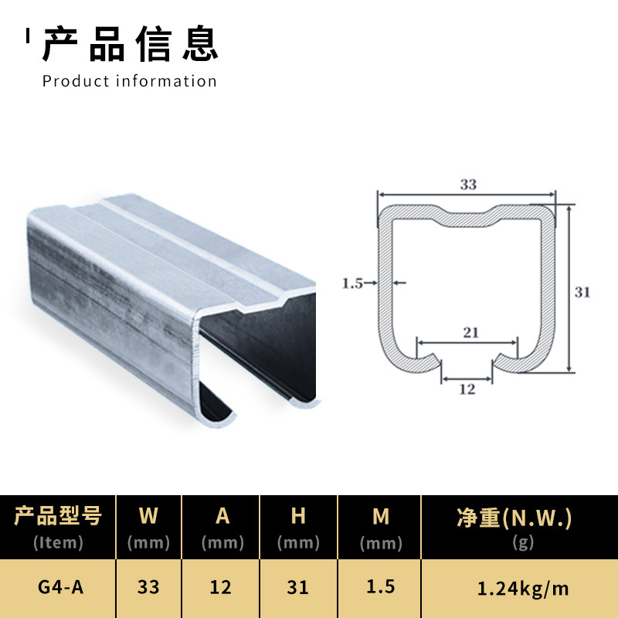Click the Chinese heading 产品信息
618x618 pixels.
point(131,43)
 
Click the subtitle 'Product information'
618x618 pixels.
point(130,81)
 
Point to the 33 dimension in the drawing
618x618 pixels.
point(467,185)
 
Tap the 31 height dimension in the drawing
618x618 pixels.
point(582,292)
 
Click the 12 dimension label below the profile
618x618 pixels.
point(467,389)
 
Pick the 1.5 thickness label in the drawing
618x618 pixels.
point(352,283)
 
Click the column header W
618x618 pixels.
point(148,517)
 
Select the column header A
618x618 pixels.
point(222,517)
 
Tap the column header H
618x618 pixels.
point(298,517)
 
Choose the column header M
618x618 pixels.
point(380,517)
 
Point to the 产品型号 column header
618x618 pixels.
point(58,517)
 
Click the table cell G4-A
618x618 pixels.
point(60,588)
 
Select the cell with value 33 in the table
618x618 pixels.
point(148,588)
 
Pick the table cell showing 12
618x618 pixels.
point(221,588)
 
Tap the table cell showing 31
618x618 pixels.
point(298,588)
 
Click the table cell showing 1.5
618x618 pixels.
point(380,587)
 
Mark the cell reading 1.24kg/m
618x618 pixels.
point(523,589)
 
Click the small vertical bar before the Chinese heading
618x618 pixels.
point(28,36)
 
